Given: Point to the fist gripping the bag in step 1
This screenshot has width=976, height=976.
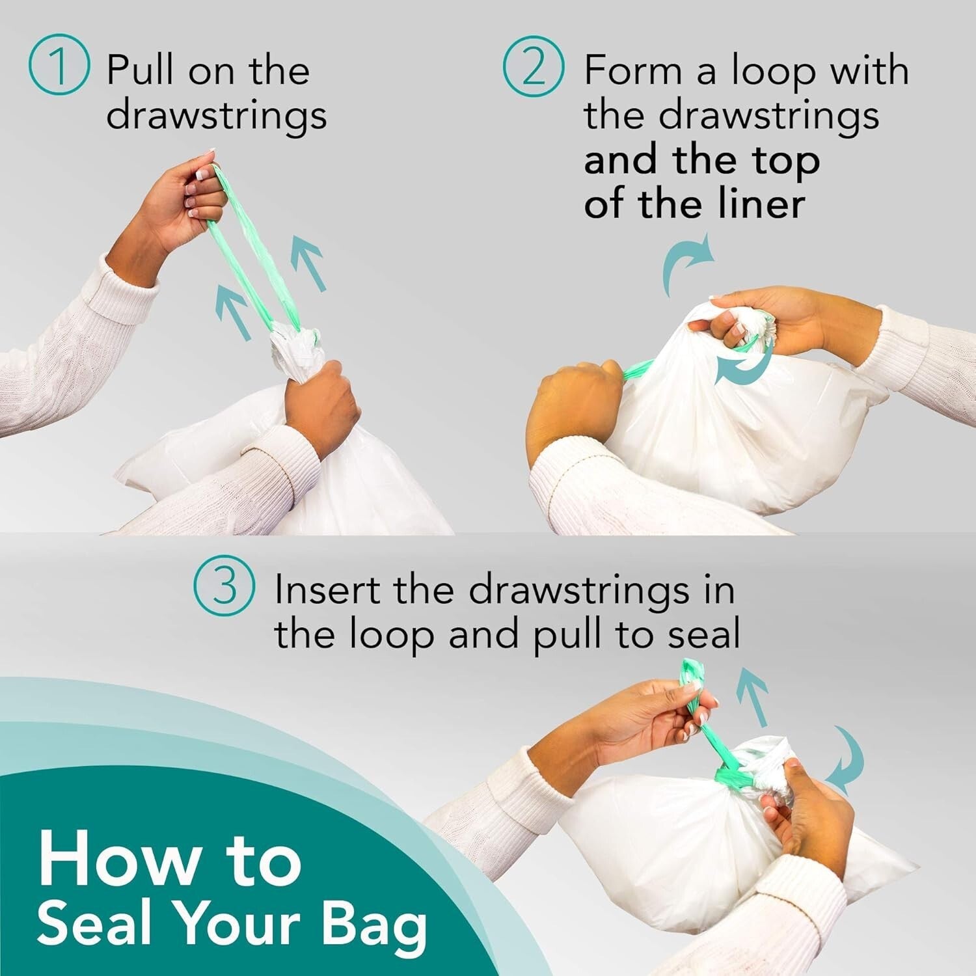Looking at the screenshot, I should (x=322, y=400).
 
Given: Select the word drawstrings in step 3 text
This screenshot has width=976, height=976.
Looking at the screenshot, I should (x=578, y=590).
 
